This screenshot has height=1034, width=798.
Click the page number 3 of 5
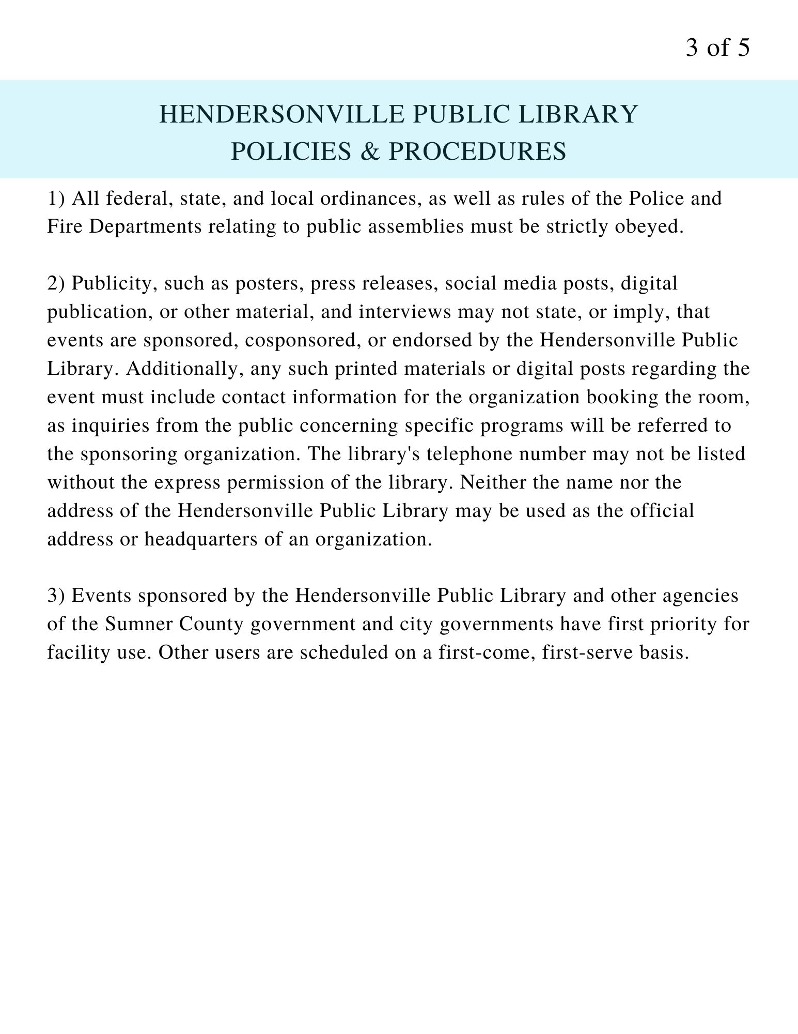coord(717,48)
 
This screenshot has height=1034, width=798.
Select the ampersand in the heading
coord(370,151)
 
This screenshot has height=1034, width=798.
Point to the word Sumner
coord(138,624)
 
